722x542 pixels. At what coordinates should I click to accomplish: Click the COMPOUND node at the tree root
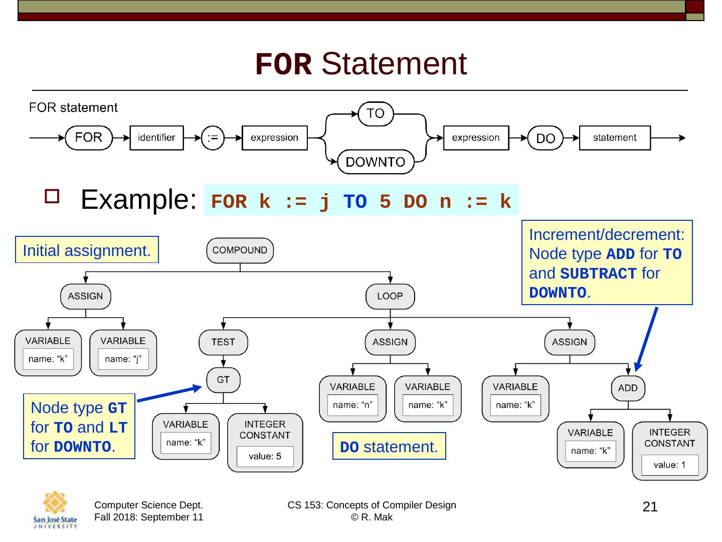(x=240, y=250)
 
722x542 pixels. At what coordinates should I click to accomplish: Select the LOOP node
(x=390, y=296)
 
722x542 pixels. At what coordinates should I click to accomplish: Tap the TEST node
(x=223, y=342)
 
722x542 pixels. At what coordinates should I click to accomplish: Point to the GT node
(x=223, y=380)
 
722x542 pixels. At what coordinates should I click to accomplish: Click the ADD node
(x=627, y=388)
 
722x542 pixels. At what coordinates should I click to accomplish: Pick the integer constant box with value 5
(x=265, y=442)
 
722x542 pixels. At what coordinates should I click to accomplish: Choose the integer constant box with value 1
(x=669, y=451)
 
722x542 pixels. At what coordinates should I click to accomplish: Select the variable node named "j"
(x=123, y=353)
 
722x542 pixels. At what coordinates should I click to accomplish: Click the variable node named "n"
(x=352, y=398)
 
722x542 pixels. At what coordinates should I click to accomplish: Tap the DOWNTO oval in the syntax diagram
(x=376, y=162)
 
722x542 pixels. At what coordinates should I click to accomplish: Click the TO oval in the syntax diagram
(x=375, y=113)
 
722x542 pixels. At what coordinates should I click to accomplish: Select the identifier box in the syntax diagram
(x=156, y=138)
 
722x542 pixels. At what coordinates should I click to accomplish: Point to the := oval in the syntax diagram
(x=213, y=138)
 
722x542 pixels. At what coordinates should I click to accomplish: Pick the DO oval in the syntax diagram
(x=546, y=139)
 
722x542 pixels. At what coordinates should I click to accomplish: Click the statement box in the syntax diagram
(x=614, y=138)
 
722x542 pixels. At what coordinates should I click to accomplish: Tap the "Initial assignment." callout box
(x=87, y=250)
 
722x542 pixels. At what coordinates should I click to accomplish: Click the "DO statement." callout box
(x=389, y=446)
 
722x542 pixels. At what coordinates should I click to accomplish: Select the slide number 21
(x=650, y=507)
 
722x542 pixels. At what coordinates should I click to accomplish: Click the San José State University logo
(x=55, y=510)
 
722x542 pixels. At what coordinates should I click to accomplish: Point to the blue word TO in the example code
(x=355, y=202)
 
